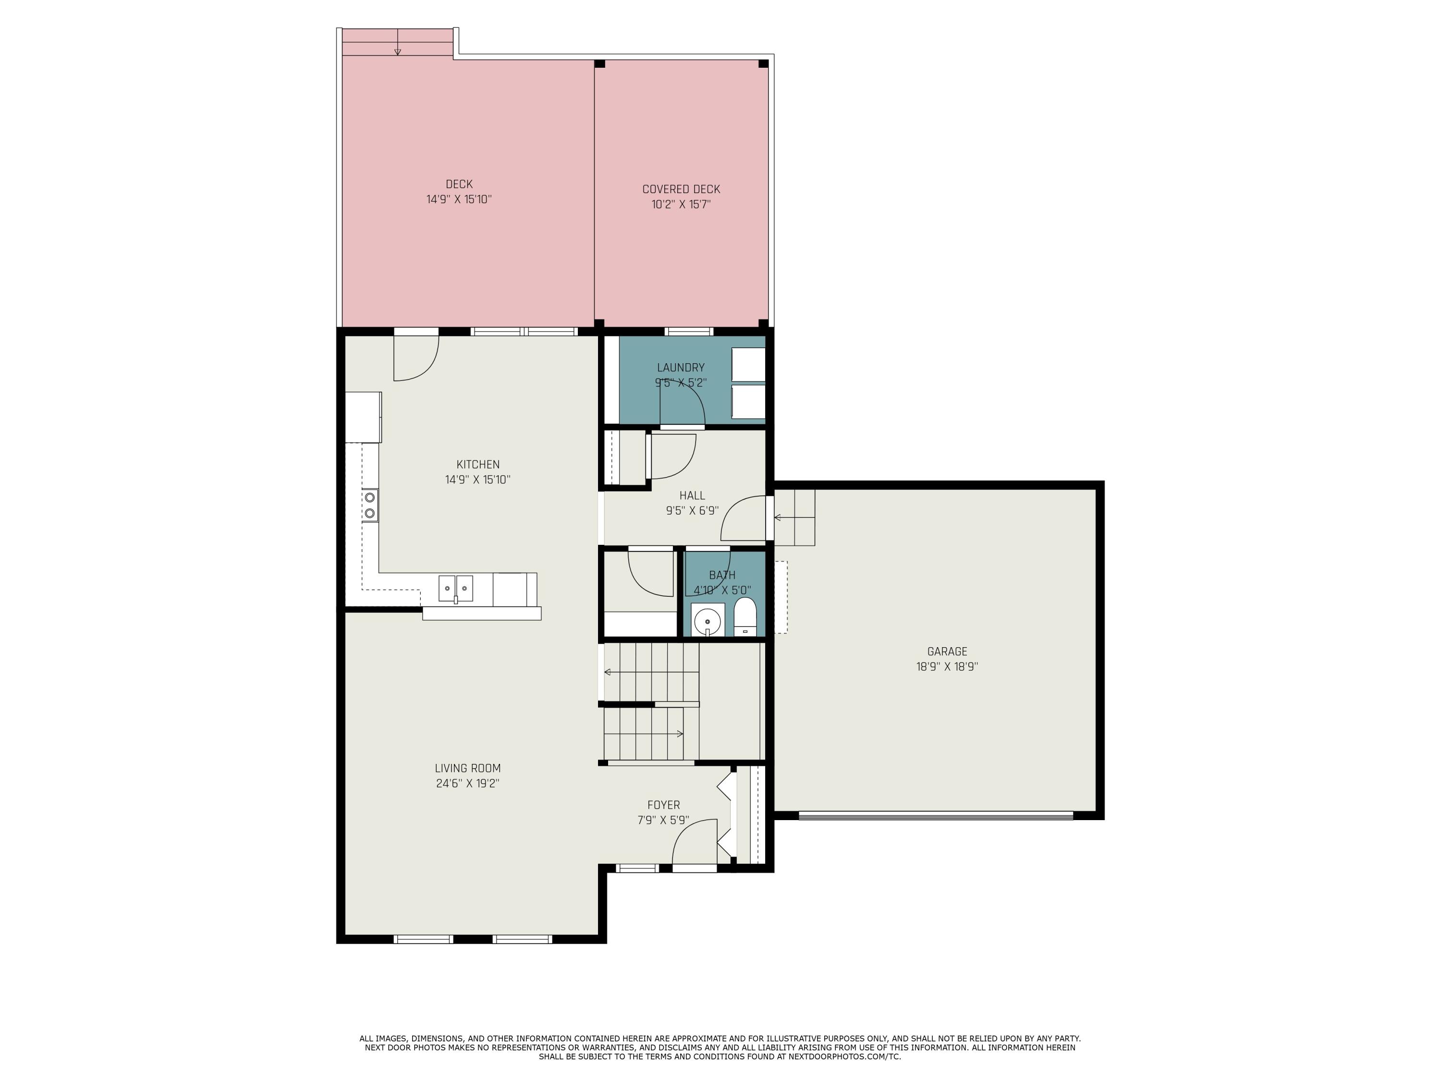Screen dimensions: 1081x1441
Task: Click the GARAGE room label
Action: coord(947,651)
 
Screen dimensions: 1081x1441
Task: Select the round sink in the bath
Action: coord(708,620)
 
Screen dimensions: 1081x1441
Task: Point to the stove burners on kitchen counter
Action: coord(369,505)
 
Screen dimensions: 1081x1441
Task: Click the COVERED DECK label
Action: coord(681,189)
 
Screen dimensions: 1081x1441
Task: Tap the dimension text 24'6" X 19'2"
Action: coord(468,783)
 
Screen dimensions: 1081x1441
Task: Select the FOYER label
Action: coord(663,805)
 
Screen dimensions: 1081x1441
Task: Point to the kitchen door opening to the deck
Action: coord(415,357)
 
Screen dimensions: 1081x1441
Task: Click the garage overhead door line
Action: coord(936,814)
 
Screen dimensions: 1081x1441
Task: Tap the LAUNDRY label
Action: coord(681,368)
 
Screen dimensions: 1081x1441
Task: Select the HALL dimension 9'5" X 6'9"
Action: coord(692,511)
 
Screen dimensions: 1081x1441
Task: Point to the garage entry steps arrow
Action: coord(779,517)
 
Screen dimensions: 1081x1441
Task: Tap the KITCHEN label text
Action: coord(477,465)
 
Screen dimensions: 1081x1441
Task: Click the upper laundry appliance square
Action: coord(748,364)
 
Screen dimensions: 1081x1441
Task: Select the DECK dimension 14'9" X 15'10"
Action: coord(459,199)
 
